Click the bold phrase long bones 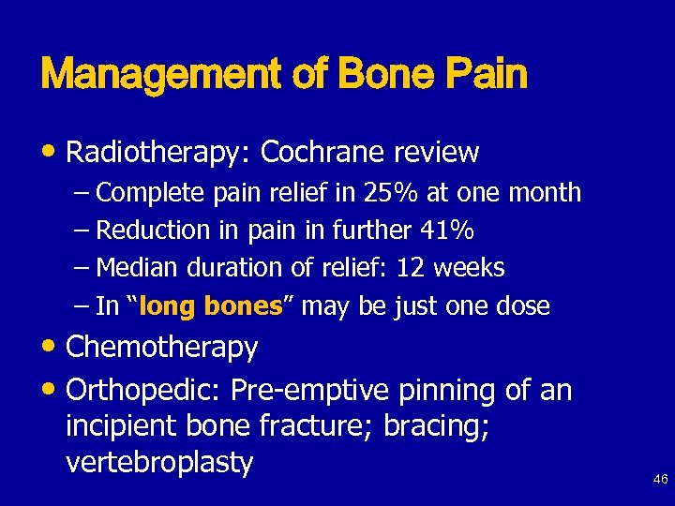(x=215, y=306)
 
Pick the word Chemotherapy (x=162, y=348)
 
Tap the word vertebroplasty (x=159, y=463)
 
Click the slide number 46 (x=660, y=480)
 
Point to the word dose (x=524, y=306)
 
